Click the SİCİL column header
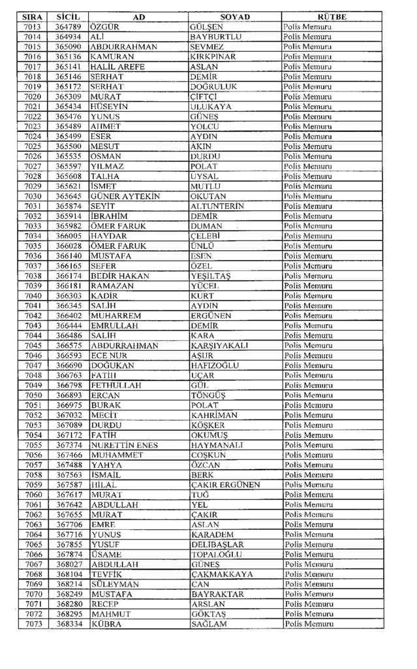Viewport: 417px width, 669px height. (68, 16)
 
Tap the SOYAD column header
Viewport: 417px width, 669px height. (235, 16)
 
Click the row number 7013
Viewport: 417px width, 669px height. (33, 27)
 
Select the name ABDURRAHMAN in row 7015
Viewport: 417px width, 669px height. (124, 47)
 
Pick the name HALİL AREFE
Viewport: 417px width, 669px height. (119, 67)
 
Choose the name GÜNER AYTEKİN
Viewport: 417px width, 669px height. (125, 196)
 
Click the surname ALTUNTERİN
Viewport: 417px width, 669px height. (216, 206)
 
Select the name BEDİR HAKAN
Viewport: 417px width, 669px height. (120, 276)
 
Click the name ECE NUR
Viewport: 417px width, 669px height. (108, 355)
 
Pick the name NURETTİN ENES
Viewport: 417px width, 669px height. (125, 445)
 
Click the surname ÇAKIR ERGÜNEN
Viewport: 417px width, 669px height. (225, 485)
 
